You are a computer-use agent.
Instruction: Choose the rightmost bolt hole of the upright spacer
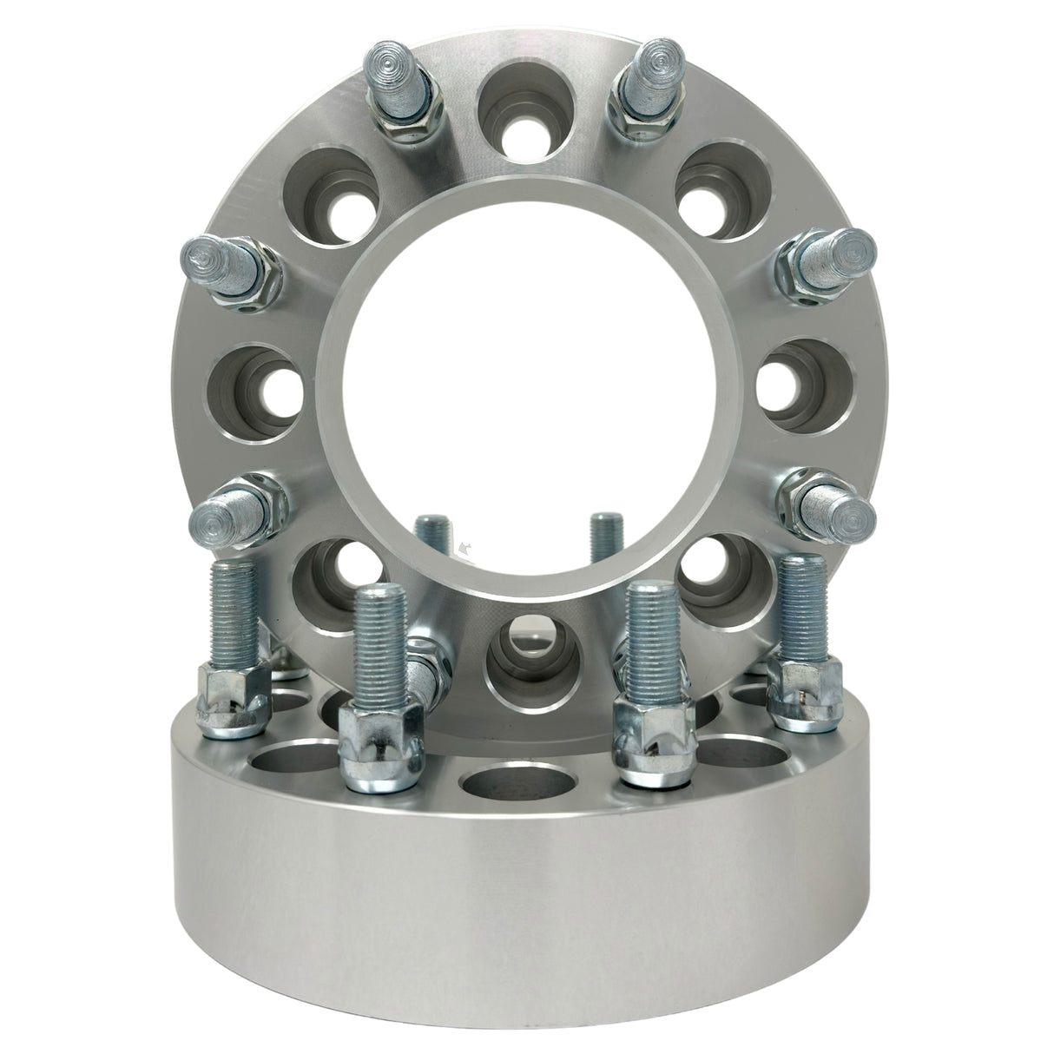point(797,388)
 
